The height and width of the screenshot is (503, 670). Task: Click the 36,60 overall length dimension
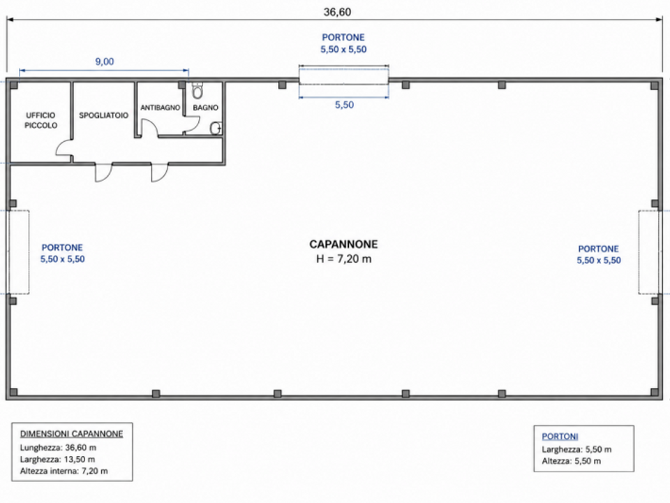337,12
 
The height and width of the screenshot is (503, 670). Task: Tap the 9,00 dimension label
104,61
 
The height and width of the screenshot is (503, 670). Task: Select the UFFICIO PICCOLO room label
40,120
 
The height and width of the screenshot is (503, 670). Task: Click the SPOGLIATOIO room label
103,115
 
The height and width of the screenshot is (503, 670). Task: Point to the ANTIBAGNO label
161,108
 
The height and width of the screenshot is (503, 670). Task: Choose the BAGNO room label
205,108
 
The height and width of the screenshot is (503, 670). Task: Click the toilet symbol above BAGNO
197,90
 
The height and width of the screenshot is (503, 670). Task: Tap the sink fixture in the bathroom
216,128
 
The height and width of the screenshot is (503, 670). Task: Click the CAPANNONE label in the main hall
343,245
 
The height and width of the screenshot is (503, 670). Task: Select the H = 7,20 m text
343,258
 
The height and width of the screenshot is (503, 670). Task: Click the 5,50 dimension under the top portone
344,105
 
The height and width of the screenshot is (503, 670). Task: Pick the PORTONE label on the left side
62,247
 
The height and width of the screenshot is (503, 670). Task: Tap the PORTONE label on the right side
598,249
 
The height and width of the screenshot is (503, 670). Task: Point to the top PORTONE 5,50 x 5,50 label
343,43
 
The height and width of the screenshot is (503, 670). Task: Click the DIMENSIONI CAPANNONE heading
71,434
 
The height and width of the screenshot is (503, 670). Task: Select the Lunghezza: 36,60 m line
58,448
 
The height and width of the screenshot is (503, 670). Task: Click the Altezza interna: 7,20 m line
64,472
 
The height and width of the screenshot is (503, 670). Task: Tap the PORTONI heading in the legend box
560,437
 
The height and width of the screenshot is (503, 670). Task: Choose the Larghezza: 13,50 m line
57,460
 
